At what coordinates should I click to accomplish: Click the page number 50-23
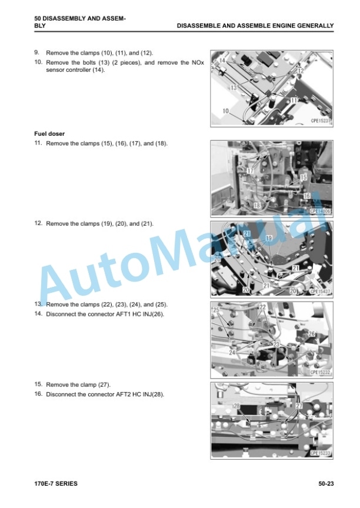pyautogui.click(x=326, y=483)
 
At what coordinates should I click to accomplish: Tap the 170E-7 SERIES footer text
pyautogui.click(x=56, y=483)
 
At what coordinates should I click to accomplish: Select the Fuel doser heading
pyautogui.click(x=49, y=133)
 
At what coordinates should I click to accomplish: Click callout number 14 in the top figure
pyautogui.click(x=222, y=60)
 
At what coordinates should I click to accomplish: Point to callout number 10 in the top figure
pyautogui.click(x=225, y=111)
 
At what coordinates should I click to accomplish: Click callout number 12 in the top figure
pyautogui.click(x=301, y=71)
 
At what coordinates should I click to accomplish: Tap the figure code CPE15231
pyautogui.click(x=321, y=121)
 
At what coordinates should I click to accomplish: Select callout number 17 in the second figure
pyautogui.click(x=250, y=171)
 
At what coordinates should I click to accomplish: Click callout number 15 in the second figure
pyautogui.click(x=304, y=177)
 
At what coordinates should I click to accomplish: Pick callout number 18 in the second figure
pyautogui.click(x=257, y=205)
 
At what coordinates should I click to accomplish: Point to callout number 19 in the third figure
pyautogui.click(x=269, y=239)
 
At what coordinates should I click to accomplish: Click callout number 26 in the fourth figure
pyautogui.click(x=311, y=334)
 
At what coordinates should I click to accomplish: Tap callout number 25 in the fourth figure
pyautogui.click(x=216, y=310)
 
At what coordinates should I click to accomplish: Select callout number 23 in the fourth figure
pyautogui.click(x=276, y=345)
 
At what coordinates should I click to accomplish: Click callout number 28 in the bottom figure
pyautogui.click(x=237, y=406)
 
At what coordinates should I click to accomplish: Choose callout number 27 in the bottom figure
pyautogui.click(x=299, y=406)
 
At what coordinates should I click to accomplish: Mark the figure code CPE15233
pyautogui.click(x=320, y=453)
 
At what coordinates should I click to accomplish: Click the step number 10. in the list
pyautogui.click(x=39, y=62)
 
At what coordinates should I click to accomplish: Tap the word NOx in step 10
pyautogui.click(x=198, y=62)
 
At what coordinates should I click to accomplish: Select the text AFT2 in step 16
pyautogui.click(x=123, y=395)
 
